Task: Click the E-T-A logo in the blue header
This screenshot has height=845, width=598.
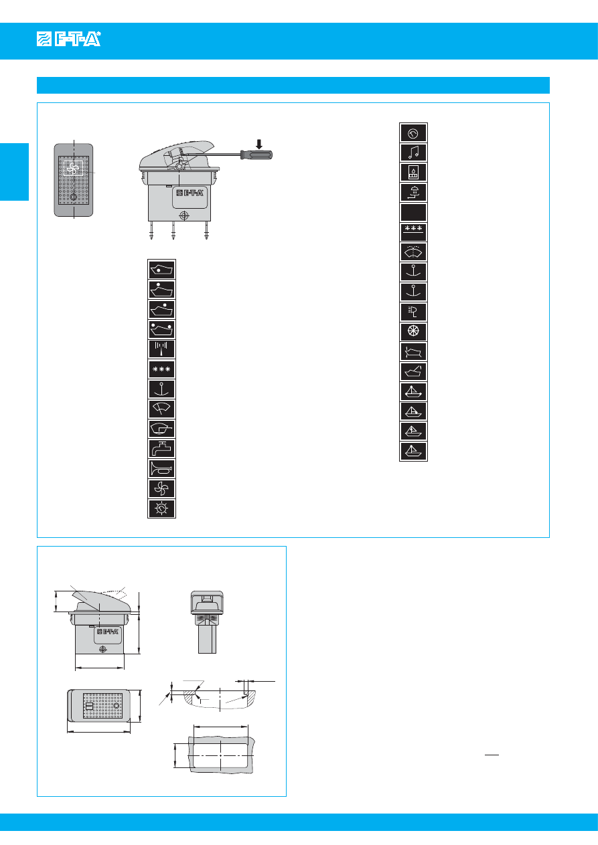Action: [69, 39]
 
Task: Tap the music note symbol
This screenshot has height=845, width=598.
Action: [413, 153]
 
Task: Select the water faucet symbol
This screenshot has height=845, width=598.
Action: [161, 449]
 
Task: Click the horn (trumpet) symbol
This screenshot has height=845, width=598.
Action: [161, 469]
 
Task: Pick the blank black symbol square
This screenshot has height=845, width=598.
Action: [413, 212]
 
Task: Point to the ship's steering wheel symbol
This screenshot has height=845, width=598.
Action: [413, 332]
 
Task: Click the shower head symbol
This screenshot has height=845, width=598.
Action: [413, 193]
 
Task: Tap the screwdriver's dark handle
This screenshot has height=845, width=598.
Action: [256, 155]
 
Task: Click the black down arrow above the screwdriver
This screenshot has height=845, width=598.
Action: [259, 144]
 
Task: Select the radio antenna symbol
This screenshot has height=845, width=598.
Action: [161, 349]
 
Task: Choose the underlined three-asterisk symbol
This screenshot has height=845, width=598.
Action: [413, 232]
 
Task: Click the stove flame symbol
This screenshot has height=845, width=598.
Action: [413, 173]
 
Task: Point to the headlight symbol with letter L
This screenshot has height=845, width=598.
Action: [413, 312]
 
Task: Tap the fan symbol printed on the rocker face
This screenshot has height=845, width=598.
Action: [73, 168]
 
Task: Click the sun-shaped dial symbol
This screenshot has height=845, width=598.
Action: [161, 508]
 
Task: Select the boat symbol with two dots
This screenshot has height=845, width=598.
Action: [161, 330]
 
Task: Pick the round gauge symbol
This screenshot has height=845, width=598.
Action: [413, 133]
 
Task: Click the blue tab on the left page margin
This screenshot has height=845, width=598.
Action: [14, 172]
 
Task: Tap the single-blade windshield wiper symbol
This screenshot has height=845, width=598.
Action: [161, 409]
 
